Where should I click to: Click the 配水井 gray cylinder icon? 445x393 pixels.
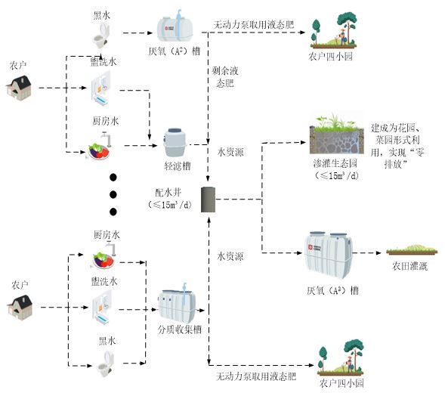[x=208, y=200]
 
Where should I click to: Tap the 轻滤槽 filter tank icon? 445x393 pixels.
[x=175, y=143]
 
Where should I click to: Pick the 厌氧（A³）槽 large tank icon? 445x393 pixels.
[x=329, y=255]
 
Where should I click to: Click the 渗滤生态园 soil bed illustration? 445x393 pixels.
[x=337, y=134]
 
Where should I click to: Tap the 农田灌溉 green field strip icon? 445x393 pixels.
[x=412, y=249]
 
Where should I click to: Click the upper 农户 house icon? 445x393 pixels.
[x=19, y=88]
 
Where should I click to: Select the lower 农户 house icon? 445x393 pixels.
[x=20, y=308]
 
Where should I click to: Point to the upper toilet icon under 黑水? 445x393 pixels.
[x=101, y=36]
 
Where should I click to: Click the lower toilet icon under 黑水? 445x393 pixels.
[x=105, y=364]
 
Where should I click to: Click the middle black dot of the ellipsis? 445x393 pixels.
[x=113, y=194]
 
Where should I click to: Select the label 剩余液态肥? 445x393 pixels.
[x=225, y=77]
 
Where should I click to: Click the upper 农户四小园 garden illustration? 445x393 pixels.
[x=334, y=30]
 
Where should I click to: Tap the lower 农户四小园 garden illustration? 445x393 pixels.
[x=341, y=357]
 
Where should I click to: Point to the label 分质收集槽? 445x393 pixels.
[x=180, y=330]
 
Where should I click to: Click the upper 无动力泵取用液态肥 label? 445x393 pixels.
[x=253, y=25]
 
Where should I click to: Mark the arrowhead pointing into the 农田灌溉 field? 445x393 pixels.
[x=379, y=252]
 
